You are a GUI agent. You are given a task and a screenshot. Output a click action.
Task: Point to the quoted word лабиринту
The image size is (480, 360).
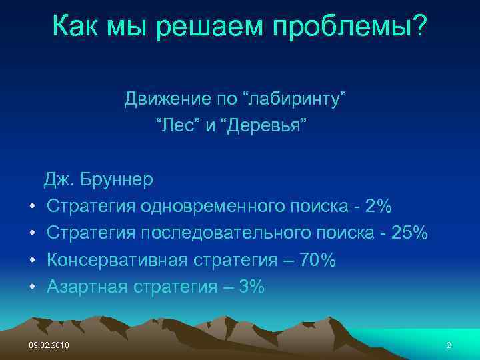pos(297,100)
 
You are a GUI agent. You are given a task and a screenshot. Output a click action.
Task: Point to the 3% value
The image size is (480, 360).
pos(251,287)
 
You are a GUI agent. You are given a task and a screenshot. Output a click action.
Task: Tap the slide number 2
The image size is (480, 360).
pos(449,344)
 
